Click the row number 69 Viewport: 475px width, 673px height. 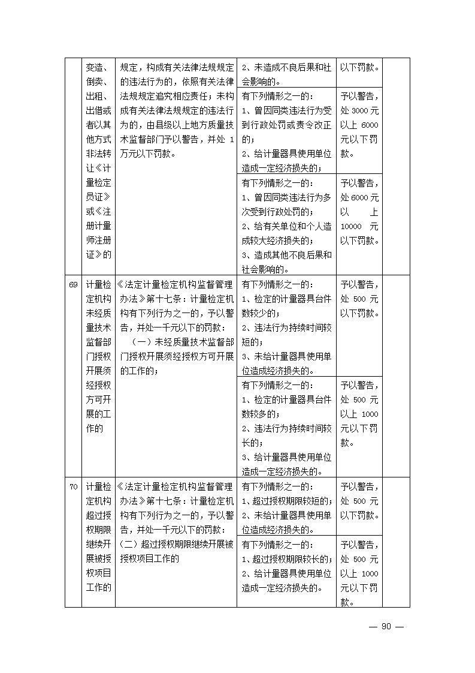pos(72,284)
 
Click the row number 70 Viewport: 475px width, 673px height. pos(72,486)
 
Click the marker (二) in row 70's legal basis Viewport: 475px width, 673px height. pos(129,545)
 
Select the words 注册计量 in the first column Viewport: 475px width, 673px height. pos(99,226)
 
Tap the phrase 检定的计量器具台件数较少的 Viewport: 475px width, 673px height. pos(286,305)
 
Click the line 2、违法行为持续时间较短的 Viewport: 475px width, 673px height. pos(286,335)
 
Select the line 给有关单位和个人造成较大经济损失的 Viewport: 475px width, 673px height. pos(286,233)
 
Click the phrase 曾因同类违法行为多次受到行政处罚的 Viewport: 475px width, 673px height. pos(286,204)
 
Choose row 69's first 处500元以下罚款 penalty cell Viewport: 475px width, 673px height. pos(359,298)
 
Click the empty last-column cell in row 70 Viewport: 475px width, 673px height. pos(396,542)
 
